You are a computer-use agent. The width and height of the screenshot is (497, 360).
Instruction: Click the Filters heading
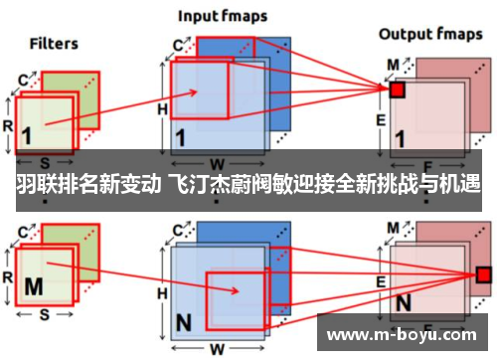pos(54,44)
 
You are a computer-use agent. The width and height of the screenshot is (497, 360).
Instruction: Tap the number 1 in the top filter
pos(26,133)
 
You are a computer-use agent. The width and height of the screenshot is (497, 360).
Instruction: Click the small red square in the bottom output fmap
pos(483,273)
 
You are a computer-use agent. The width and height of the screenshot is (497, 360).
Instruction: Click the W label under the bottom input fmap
pos(216,349)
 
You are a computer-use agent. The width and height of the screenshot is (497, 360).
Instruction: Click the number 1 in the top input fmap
pos(181,137)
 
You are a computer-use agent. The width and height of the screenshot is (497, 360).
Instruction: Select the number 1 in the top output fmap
pos(402,139)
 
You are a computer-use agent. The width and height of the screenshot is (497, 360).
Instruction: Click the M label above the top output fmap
pos(394,64)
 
